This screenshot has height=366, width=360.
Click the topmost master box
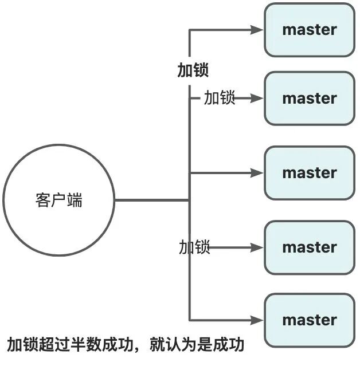pos(310,30)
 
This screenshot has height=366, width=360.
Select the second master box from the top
pos(310,98)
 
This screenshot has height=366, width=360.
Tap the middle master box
pos(310,172)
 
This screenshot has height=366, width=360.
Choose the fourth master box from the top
pos(310,247)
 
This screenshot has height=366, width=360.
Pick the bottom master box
pos(310,320)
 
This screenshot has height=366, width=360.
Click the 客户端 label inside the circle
pos(58,200)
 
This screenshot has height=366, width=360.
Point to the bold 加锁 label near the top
pos(193,70)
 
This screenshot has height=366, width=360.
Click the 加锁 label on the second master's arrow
pos(219,98)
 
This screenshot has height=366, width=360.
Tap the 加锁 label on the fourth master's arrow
pos(194,247)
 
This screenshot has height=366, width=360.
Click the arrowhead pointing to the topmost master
pos(257,30)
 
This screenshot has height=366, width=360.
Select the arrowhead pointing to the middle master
pos(257,172)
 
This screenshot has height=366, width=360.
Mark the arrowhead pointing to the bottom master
pos(257,320)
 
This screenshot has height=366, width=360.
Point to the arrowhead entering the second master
pos(257,98)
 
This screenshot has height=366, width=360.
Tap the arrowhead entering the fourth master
pos(257,247)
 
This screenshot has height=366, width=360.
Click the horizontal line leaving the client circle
pos(152,200)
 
